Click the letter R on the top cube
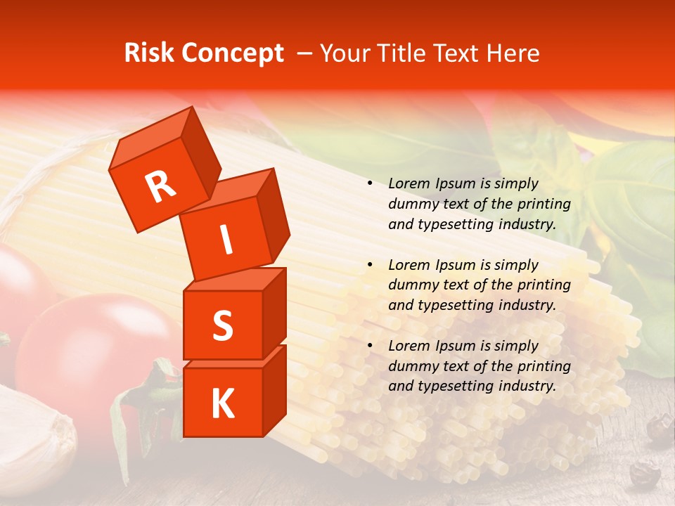pos(160,187)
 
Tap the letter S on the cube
pos(222,325)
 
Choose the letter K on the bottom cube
pos(222,403)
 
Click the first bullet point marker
pos(370,184)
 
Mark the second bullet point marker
pos(370,265)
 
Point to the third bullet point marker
pos(370,346)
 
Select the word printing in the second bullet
pos(547,285)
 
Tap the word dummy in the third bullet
pos(411,366)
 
